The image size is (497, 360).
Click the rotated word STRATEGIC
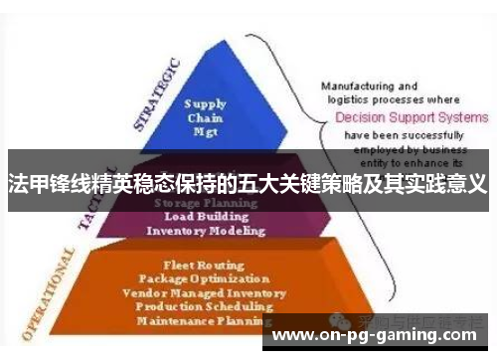coord(156,94)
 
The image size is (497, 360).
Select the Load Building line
coord(206,215)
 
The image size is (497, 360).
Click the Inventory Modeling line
coord(206,230)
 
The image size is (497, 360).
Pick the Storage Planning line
coord(206,200)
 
